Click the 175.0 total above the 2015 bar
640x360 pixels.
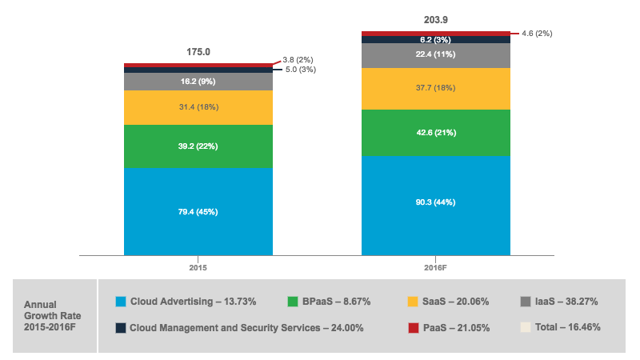pos(198,52)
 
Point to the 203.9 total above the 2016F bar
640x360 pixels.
pos(436,19)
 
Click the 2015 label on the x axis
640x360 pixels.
pos(198,267)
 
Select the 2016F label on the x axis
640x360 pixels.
pos(436,267)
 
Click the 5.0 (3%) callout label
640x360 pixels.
pos(301,70)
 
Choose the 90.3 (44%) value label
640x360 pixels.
pos(436,202)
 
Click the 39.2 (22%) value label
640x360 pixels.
pos(198,146)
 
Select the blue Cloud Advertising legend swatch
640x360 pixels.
pos(121,302)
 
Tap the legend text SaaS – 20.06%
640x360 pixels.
pos(455,302)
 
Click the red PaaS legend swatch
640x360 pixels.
pos(414,327)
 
